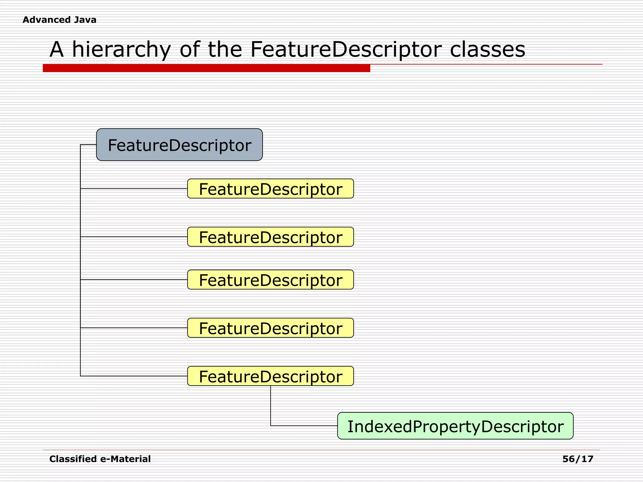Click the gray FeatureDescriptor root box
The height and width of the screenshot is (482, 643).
tap(179, 145)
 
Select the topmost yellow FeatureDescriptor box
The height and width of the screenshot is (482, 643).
tap(270, 189)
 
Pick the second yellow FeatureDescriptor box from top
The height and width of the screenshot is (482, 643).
tap(270, 237)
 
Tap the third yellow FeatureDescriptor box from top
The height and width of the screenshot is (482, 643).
tap(270, 280)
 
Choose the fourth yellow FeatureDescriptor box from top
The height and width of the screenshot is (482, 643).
tap(270, 328)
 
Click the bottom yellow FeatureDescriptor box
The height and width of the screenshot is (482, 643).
tap(270, 376)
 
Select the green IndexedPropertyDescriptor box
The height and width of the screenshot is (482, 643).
tap(455, 426)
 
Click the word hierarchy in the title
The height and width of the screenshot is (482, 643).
tap(121, 50)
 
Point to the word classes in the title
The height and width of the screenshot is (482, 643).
tap(487, 50)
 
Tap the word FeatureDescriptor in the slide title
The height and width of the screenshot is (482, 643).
tap(346, 50)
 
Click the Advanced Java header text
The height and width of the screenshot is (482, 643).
tap(59, 20)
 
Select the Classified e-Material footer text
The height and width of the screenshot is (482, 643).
tap(100, 459)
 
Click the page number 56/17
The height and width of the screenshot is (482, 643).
tap(578, 459)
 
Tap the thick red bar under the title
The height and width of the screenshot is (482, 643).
tap(206, 68)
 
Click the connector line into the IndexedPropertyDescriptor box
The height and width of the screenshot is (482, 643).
tap(304, 426)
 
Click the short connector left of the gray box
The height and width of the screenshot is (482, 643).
tap(89, 145)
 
